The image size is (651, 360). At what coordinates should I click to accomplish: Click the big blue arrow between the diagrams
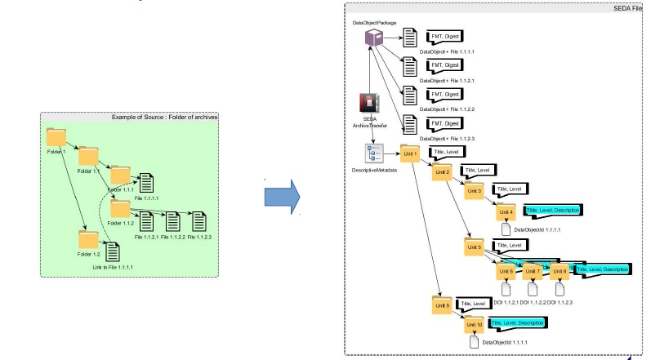tap(280, 196)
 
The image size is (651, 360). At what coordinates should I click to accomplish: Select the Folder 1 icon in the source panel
tap(56, 136)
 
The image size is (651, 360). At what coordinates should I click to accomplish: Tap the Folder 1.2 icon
tap(88, 239)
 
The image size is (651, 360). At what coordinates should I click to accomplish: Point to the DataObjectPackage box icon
tap(373, 38)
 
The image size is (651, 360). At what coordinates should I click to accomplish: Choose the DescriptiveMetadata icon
tap(373, 155)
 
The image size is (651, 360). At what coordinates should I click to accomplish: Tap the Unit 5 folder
tap(475, 246)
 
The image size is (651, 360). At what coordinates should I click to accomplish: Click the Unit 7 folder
tap(533, 269)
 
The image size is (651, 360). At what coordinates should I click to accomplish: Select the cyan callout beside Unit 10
tap(518, 324)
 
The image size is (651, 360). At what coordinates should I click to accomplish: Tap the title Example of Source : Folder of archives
tap(163, 118)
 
